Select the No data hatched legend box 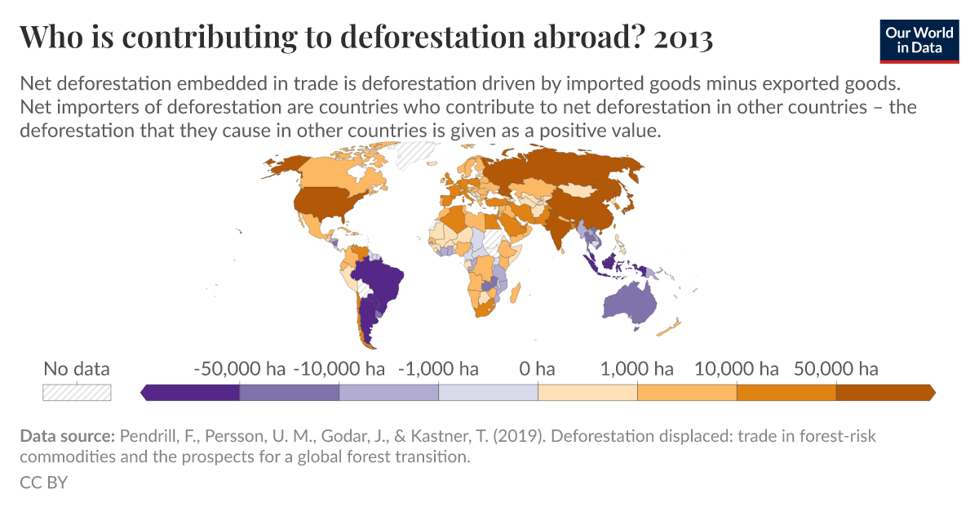(x=77, y=392)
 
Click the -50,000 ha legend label (x=239, y=369)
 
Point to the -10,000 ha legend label (x=339, y=369)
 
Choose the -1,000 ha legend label (x=438, y=369)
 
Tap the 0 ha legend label (x=537, y=369)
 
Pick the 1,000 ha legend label (x=637, y=369)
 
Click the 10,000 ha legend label (x=737, y=369)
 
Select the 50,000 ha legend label (x=835, y=369)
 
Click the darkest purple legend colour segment (x=192, y=393)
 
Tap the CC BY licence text (x=43, y=483)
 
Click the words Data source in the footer (x=67, y=436)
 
